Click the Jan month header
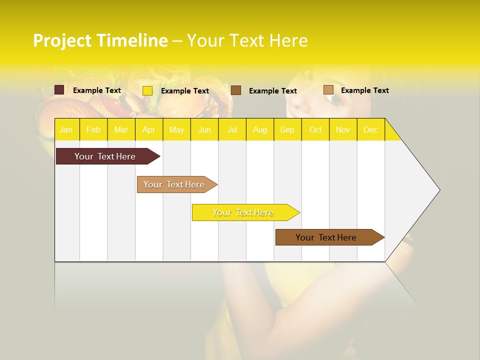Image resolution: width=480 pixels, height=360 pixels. [66, 129]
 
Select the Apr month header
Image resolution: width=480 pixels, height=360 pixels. [148, 129]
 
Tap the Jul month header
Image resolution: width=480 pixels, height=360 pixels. [232, 129]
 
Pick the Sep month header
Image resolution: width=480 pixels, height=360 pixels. [287, 129]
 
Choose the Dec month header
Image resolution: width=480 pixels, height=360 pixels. [370, 129]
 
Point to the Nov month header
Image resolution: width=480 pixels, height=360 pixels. [342, 129]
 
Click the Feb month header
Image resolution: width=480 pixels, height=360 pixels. [93, 129]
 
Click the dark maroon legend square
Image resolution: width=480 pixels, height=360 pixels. [59, 90]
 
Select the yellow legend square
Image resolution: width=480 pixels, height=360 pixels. [147, 90]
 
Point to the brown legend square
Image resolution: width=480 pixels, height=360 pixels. [236, 90]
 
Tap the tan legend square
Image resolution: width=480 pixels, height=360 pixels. [328, 90]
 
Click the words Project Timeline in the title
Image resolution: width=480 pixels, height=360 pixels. [100, 40]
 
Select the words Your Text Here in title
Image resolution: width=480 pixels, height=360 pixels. [247, 40]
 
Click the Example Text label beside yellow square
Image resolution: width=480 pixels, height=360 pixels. [185, 91]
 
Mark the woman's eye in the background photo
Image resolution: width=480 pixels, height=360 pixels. [333, 98]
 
